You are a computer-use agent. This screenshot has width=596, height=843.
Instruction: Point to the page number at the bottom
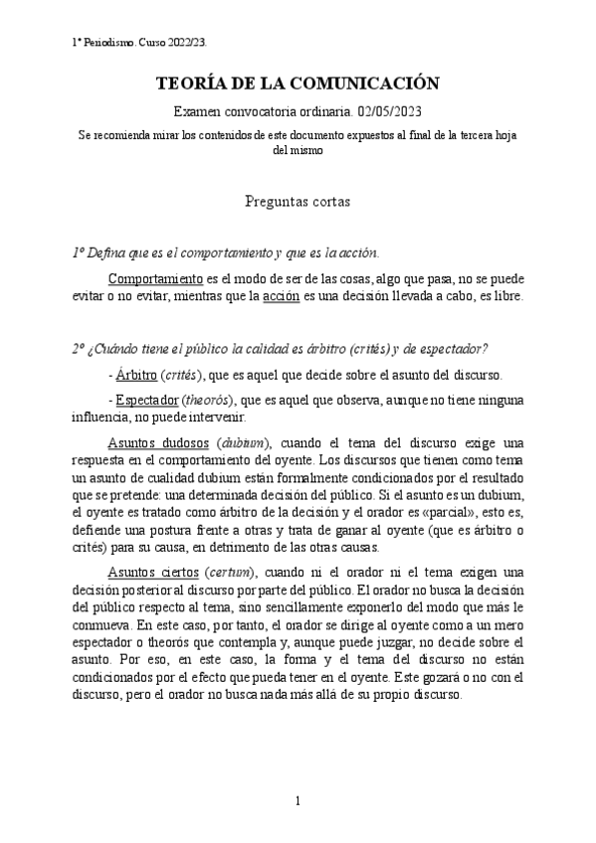coord(298,800)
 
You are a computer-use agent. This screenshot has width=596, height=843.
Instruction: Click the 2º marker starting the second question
coord(79,349)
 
